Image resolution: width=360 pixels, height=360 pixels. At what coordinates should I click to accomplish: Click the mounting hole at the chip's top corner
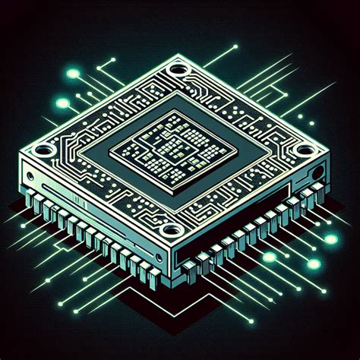179,71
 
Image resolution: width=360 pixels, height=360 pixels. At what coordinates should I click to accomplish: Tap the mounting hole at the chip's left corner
43,150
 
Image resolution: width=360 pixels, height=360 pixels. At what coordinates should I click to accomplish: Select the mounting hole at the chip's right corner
304,150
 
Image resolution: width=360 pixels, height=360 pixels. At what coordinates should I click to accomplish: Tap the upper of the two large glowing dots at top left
74,74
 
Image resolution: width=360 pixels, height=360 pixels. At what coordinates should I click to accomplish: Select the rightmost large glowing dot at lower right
330,239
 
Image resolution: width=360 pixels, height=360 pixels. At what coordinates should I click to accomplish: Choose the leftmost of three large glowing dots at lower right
269,257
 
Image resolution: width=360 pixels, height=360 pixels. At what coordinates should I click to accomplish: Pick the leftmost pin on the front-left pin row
32,199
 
